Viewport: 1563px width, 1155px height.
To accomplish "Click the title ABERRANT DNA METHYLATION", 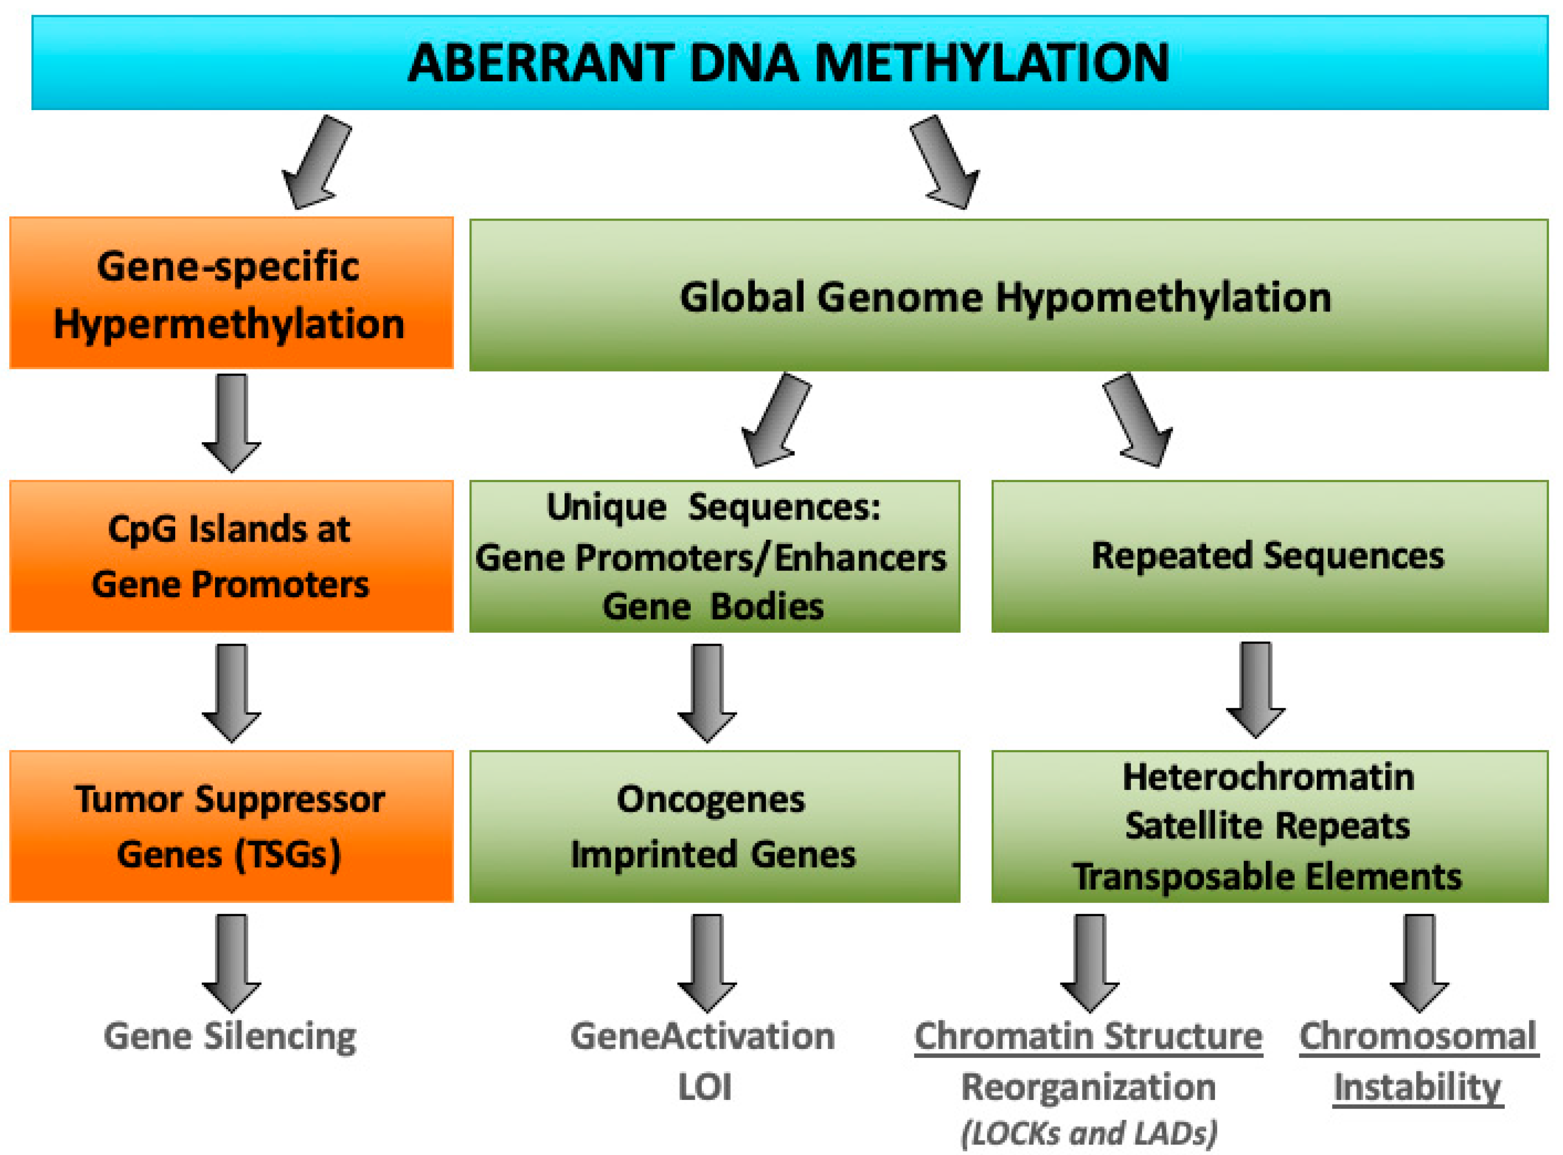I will tap(788, 63).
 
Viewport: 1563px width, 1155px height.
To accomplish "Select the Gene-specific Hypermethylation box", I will tap(231, 294).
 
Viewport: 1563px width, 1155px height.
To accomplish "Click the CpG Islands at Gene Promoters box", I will tap(231, 556).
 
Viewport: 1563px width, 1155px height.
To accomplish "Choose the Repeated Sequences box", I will tap(1268, 556).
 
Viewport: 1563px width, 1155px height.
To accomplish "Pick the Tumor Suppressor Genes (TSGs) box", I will tap(231, 827).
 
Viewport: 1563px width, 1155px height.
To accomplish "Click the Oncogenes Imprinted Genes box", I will tap(713, 827).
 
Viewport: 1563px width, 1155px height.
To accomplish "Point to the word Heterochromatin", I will tap(1268, 777).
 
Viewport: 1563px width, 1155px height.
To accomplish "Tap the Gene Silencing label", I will tap(231, 1036).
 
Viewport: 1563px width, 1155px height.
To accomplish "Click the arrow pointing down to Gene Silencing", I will tap(231, 961).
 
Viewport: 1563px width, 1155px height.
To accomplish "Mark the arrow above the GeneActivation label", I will tap(707, 961).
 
